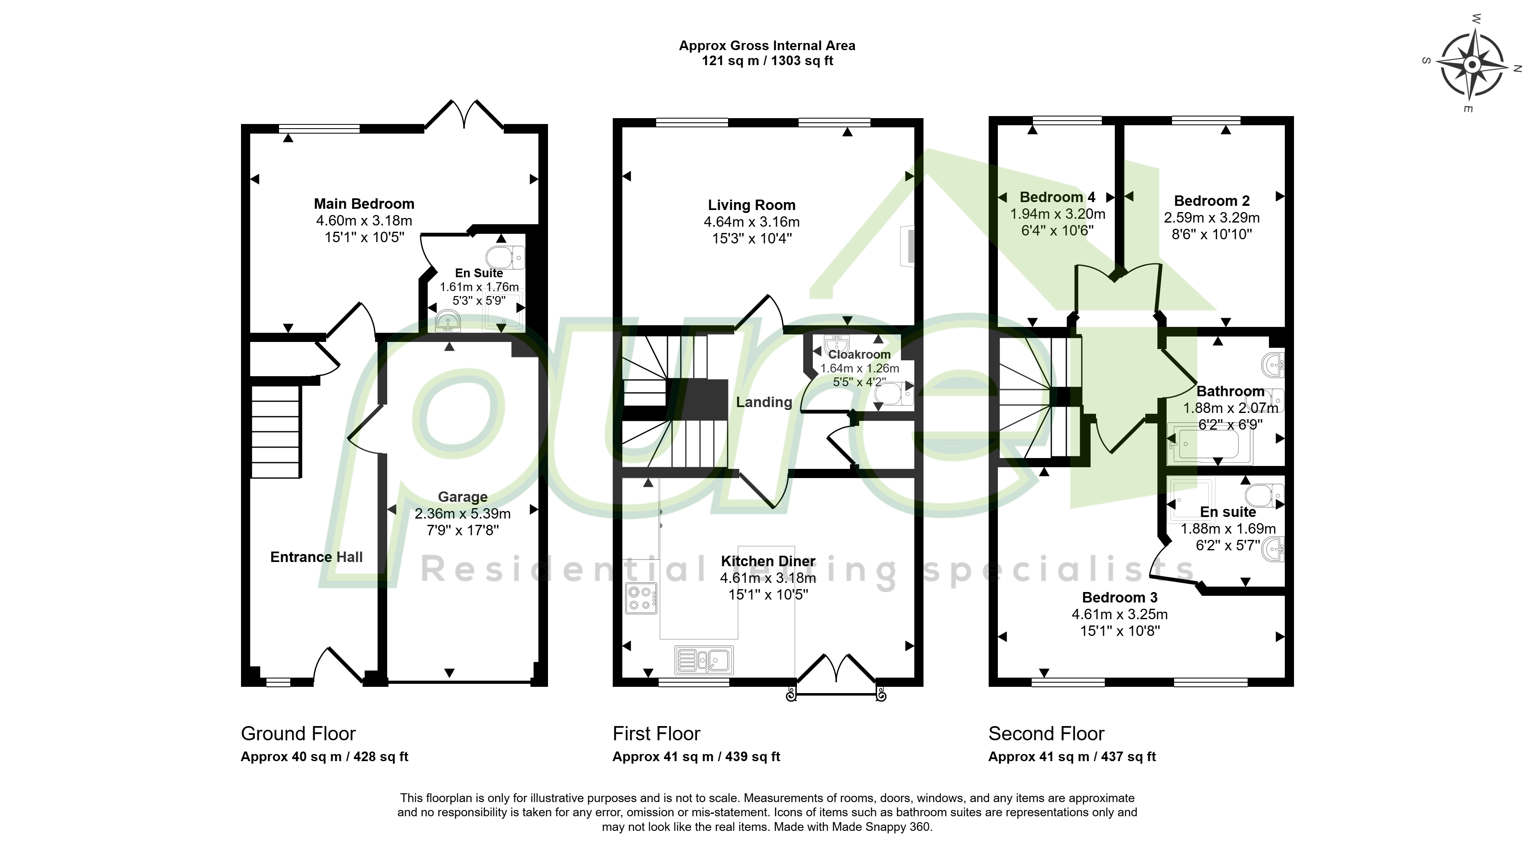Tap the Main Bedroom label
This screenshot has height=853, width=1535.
364,204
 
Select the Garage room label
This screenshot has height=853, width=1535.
462,497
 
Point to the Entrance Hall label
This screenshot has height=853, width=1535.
317,557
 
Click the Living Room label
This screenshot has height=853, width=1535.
751,205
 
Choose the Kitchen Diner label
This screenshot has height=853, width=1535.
768,561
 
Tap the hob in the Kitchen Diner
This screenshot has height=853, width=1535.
641,598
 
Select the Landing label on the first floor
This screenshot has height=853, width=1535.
764,402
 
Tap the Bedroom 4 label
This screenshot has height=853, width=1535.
1057,197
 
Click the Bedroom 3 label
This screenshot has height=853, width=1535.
1120,597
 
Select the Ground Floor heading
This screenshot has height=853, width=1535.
298,733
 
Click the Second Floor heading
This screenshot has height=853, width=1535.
1046,733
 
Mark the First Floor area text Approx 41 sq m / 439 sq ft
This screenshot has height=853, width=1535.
696,757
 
